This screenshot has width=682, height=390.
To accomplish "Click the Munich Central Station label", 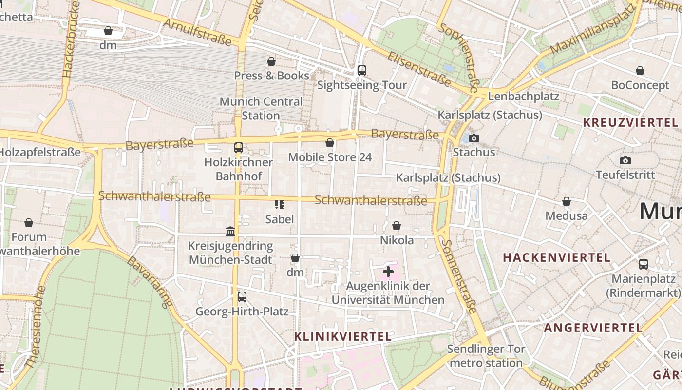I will coord(261,109).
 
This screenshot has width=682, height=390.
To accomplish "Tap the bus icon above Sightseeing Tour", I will coord(361,71).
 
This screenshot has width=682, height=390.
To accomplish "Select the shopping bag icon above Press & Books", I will coord(271,61).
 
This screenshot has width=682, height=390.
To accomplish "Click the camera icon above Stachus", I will coord(474,138).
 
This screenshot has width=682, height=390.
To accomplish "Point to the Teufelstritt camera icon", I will coord(625,160).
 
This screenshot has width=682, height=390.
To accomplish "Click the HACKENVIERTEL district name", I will coord(557,257).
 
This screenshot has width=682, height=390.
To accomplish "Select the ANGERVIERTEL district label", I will coord(593,328).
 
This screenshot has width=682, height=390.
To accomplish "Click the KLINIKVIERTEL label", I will coord(343,336).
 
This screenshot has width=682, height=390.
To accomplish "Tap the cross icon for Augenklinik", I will coord(388,272).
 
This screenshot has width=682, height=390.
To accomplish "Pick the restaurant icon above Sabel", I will coord(280,205).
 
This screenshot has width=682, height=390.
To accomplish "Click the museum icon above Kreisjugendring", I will coord(230,231).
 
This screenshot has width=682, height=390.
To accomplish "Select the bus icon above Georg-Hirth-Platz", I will coord(242,296).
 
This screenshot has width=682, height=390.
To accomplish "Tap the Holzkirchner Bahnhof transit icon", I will coord(238,148).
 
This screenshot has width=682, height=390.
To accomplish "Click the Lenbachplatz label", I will coord(523,96).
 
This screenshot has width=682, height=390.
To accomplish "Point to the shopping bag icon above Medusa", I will coord(567,201).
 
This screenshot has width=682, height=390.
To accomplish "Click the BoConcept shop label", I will coord(640,85).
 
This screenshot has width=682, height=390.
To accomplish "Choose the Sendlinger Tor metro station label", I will coord(486,356).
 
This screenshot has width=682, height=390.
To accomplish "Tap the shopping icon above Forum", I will coord(29,223).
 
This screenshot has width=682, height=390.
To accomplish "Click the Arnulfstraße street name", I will coord(197,32).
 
